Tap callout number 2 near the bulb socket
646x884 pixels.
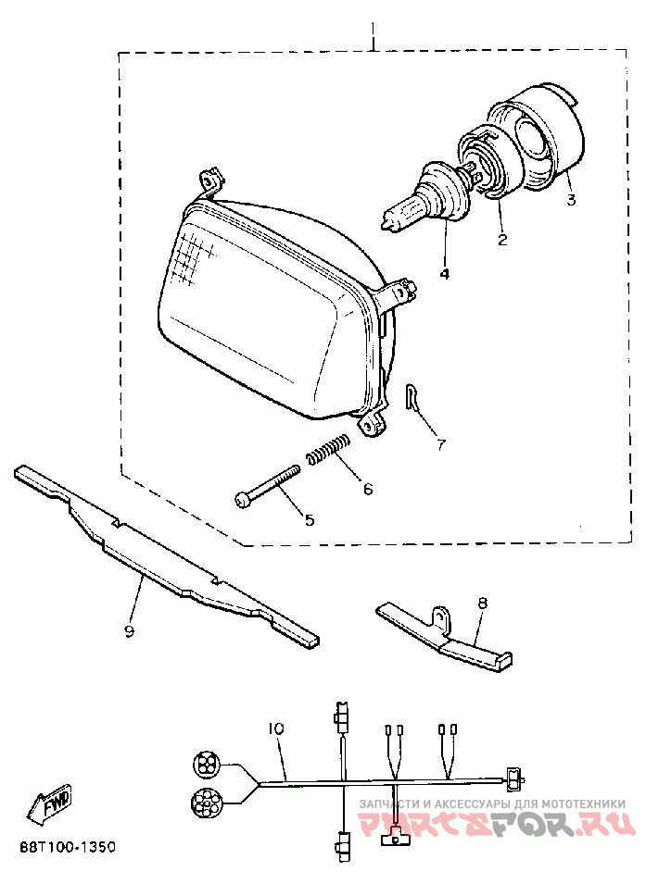point(501,240)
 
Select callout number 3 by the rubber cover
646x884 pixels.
point(571,199)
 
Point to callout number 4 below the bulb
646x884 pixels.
point(445,274)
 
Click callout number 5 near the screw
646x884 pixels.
point(310,520)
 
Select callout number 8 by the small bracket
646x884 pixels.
point(482,603)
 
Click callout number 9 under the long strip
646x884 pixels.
point(130,631)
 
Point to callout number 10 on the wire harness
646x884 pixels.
point(274,728)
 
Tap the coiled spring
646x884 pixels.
point(327,450)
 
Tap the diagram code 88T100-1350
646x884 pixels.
point(68,847)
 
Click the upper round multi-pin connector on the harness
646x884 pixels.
point(207,765)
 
